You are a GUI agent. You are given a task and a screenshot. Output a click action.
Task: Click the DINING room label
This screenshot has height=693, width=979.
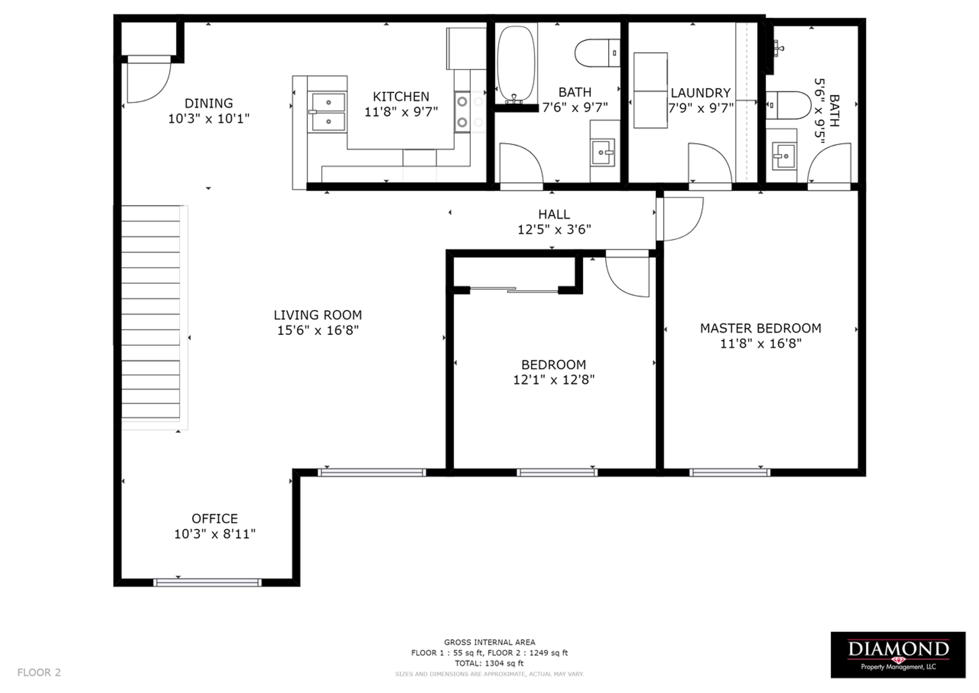209,103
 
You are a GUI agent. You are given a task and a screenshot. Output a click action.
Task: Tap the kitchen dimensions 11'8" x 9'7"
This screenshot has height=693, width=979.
401,112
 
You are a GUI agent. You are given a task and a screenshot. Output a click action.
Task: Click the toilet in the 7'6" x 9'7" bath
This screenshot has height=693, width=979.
597,53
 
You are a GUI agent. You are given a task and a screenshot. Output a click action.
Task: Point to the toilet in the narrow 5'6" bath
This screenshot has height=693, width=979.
788,105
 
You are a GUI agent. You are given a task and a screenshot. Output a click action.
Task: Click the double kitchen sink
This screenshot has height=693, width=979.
328,112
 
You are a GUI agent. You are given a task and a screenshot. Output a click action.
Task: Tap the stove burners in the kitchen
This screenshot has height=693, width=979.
462,112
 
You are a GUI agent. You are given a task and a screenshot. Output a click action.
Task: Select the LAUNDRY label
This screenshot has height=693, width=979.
701,93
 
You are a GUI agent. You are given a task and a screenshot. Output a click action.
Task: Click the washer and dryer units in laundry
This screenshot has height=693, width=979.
650,90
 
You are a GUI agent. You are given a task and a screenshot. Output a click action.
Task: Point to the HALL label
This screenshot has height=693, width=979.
554,214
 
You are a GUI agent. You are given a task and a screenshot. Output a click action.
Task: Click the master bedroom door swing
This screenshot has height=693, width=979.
681,219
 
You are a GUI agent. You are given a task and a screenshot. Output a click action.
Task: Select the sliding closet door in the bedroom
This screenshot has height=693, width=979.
514,290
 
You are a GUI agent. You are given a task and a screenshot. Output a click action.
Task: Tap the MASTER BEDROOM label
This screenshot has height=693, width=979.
760,328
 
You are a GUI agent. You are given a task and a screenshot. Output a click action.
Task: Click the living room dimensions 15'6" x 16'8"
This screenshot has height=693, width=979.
318,331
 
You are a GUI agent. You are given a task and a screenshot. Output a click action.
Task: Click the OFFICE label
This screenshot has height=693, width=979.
215,519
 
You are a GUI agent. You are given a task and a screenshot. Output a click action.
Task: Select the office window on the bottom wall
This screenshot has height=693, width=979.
208,582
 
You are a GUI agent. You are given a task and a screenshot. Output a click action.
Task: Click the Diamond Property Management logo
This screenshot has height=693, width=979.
898,655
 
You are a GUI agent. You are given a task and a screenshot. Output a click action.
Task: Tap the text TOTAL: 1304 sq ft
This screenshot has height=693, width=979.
489,663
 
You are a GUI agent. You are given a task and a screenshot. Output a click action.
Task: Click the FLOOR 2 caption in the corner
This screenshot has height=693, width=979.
39,673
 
